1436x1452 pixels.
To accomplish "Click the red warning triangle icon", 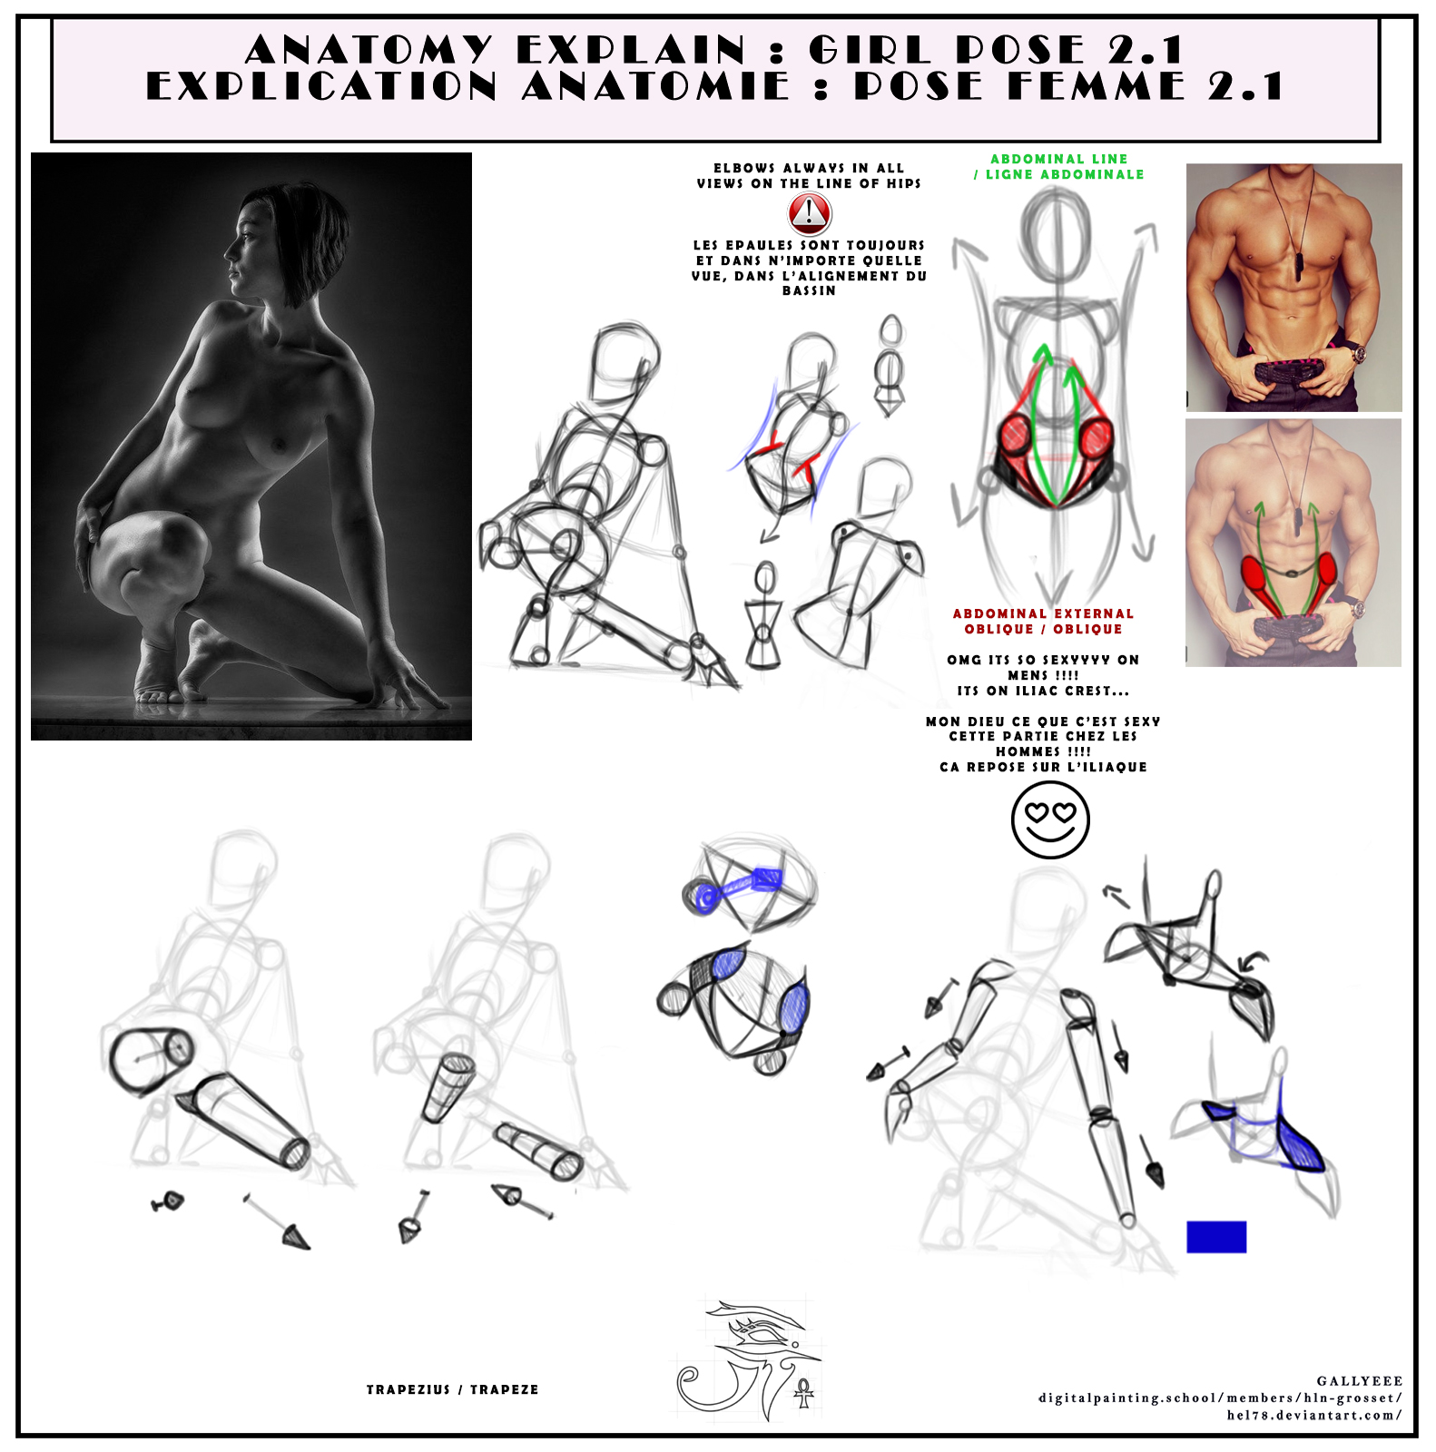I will [x=809, y=214].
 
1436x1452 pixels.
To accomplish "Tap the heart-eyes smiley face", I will [x=1050, y=819].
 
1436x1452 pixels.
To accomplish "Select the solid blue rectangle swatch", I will [x=1216, y=1237].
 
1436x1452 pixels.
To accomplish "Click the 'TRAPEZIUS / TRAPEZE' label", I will [x=452, y=1389].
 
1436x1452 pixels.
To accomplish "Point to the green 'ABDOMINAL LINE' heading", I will [x=1058, y=160].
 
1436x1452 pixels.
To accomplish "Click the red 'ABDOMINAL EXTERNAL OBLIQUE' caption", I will [x=1043, y=622].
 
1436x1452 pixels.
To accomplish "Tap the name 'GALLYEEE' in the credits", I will [x=1359, y=1380].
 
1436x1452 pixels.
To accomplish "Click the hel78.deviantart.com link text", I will [x=1313, y=1415].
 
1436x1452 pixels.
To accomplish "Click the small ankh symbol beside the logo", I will [x=803, y=1392].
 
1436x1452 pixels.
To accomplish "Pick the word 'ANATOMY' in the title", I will [x=369, y=49].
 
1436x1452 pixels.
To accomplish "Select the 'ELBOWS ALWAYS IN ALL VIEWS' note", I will [x=809, y=176].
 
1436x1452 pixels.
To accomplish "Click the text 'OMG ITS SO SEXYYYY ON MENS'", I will [x=1043, y=667].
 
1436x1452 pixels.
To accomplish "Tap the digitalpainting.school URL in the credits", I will [x=1220, y=1398].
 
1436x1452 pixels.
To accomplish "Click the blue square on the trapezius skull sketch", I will [x=767, y=878].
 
